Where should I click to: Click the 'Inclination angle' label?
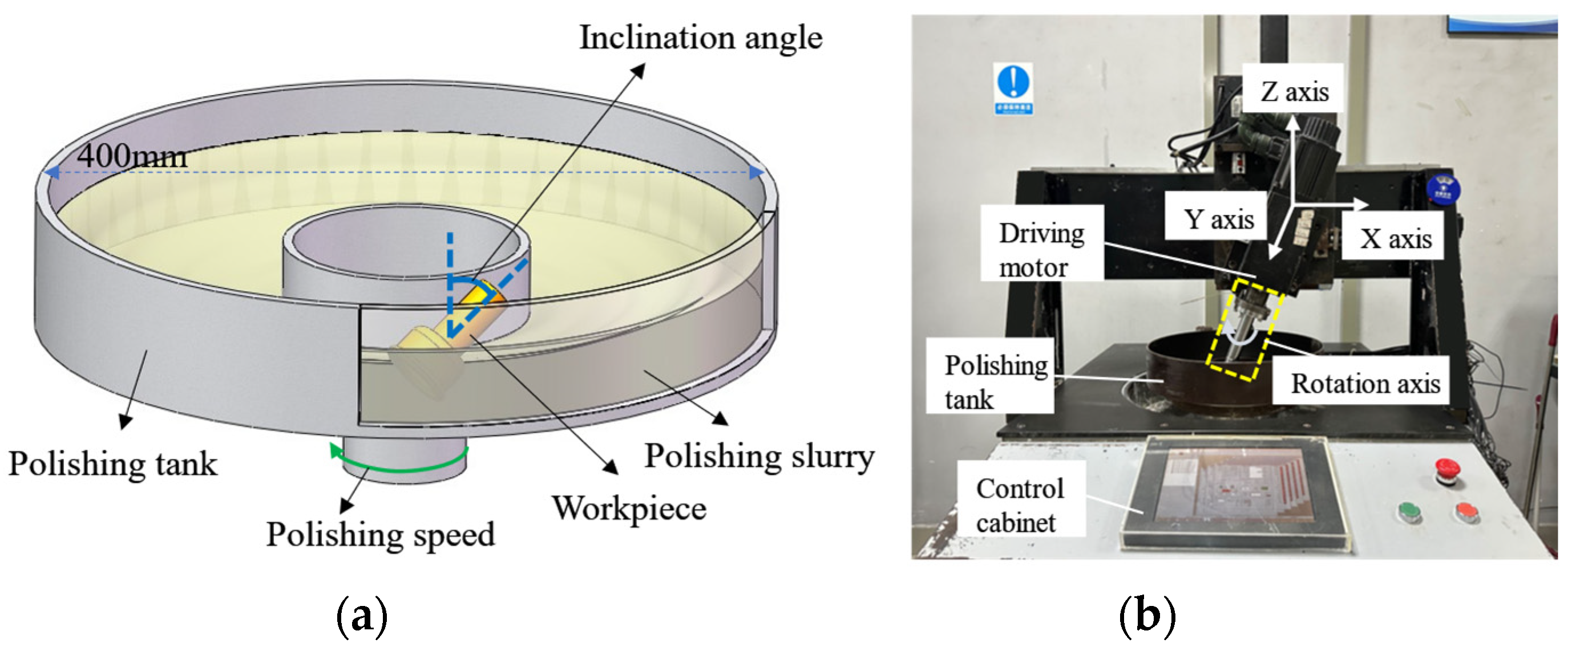pos(701,38)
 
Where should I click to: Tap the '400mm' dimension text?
pos(132,156)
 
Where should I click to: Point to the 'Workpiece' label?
pos(629,508)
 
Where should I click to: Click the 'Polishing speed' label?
pos(380,535)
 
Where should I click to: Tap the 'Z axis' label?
pos(1294,91)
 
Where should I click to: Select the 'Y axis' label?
pos(1219,219)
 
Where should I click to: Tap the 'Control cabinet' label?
pos(1020,505)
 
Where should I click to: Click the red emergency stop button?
pos(1447,470)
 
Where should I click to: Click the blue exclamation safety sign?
pos(1013,88)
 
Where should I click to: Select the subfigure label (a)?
pos(362,616)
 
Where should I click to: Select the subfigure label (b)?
pos(1147,616)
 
